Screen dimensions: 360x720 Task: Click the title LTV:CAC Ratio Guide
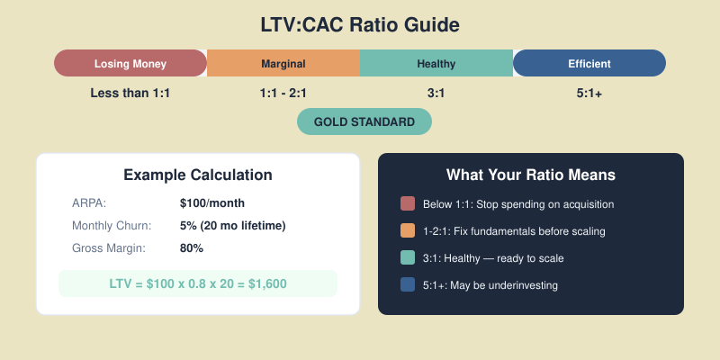click(360, 24)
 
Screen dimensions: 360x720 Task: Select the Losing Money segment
click(130, 63)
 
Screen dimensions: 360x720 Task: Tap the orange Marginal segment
click(283, 63)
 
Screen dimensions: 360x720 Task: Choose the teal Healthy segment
click(436, 63)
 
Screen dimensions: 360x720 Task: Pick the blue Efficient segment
click(589, 63)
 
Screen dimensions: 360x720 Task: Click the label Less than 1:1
click(130, 93)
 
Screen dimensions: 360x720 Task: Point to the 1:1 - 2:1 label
click(283, 93)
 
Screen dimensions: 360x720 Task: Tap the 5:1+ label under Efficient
click(589, 93)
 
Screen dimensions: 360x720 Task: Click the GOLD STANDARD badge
click(364, 121)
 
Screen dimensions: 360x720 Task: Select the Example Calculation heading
click(198, 175)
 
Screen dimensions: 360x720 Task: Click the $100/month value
click(212, 202)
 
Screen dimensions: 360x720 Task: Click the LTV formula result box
click(198, 283)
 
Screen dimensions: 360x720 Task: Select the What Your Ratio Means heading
click(531, 175)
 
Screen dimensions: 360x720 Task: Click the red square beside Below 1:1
click(408, 204)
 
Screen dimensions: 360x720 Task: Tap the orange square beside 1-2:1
click(408, 231)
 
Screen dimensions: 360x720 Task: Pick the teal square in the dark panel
click(408, 258)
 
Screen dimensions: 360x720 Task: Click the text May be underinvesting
click(502, 285)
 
